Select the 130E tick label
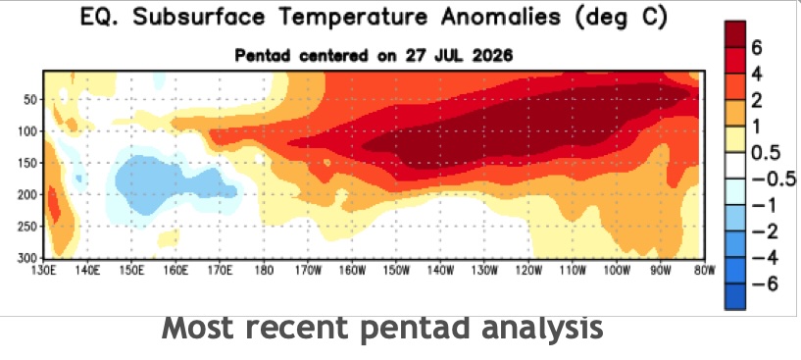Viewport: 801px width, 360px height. point(43,269)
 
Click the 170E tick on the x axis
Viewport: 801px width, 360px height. point(220,269)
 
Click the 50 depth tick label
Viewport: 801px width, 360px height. point(31,99)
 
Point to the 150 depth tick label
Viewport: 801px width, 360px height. point(28,163)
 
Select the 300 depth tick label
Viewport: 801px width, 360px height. point(28,257)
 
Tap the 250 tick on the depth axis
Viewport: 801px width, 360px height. point(28,227)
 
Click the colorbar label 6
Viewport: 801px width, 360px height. point(757,49)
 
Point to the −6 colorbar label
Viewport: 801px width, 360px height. point(764,283)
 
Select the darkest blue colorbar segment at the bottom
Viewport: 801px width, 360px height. point(734,296)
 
